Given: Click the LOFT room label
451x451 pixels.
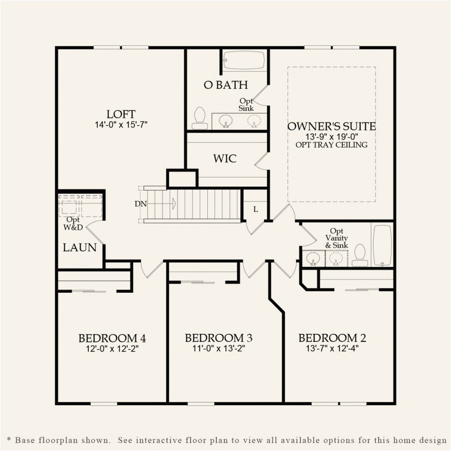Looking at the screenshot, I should tap(121, 114).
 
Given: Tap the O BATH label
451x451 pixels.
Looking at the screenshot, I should tap(226, 85).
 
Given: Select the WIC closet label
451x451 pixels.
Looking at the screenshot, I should tap(225, 158).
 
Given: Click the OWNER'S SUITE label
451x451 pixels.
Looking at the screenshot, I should tap(332, 126).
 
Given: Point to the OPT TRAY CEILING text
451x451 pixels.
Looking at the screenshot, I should tap(332, 145).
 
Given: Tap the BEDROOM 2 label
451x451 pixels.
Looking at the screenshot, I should tap(332, 338).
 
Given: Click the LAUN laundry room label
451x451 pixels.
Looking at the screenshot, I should tap(80, 247).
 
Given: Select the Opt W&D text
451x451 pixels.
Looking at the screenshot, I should tap(73, 223).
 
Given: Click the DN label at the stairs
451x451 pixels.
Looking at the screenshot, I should tap(140, 204).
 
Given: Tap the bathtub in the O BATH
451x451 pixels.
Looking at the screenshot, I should tap(244, 61).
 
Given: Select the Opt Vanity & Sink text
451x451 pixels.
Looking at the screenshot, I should tap(336, 238).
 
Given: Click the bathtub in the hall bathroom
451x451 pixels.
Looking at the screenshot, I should tap(382, 245).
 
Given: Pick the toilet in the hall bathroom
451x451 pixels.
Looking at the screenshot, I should tap(360, 255).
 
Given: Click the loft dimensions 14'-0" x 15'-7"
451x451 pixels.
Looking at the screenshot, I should tap(121, 125).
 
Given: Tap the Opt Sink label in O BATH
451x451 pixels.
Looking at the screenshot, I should tap(247, 105).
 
